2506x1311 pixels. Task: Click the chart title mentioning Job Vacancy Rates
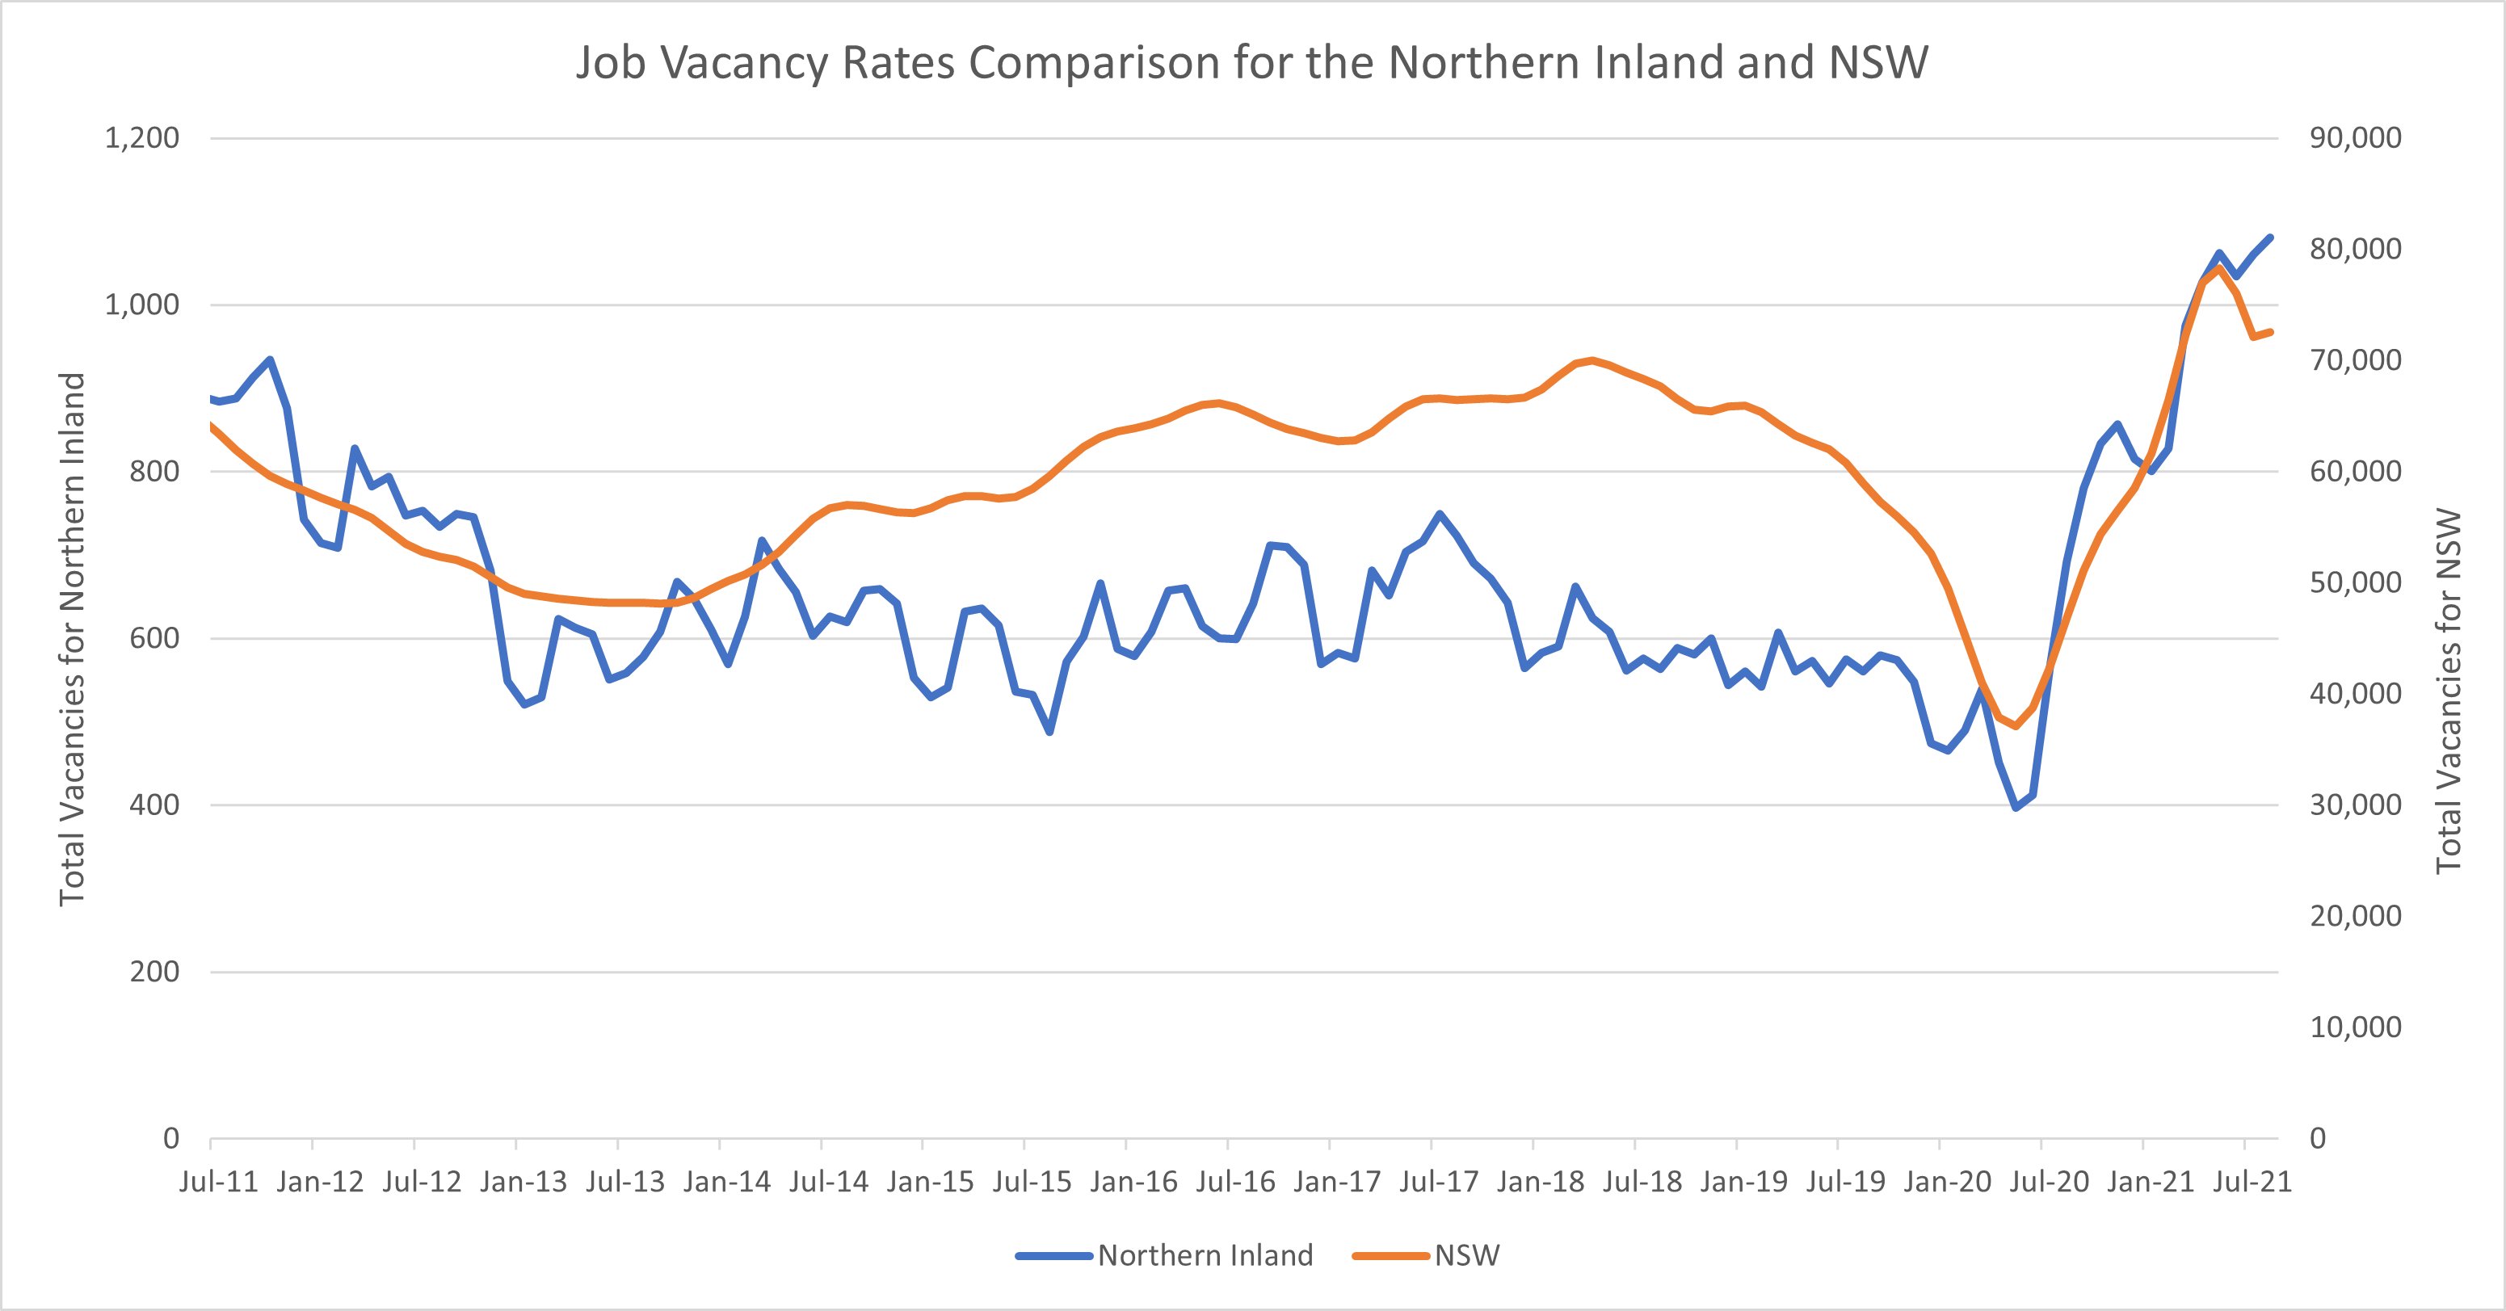(1251, 63)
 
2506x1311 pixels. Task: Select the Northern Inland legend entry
(1205, 1255)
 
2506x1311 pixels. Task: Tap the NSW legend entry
(1466, 1255)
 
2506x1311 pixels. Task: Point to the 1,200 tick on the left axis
(142, 138)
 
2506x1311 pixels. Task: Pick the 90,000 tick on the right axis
(2355, 138)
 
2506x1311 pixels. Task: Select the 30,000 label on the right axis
(2355, 805)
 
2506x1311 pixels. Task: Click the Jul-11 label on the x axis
(219, 1182)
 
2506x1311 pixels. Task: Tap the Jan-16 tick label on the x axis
(1134, 1182)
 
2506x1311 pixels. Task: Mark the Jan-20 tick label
(1949, 1182)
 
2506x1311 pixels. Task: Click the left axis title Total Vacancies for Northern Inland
(73, 639)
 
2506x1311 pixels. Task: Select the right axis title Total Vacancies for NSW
(2449, 691)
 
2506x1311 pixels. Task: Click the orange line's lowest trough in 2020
(2016, 725)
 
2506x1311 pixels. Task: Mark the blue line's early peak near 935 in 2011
(270, 359)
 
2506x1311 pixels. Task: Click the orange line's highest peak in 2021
(2218, 267)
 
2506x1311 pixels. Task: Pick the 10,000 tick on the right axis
(2355, 1027)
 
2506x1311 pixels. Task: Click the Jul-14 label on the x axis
(829, 1182)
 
